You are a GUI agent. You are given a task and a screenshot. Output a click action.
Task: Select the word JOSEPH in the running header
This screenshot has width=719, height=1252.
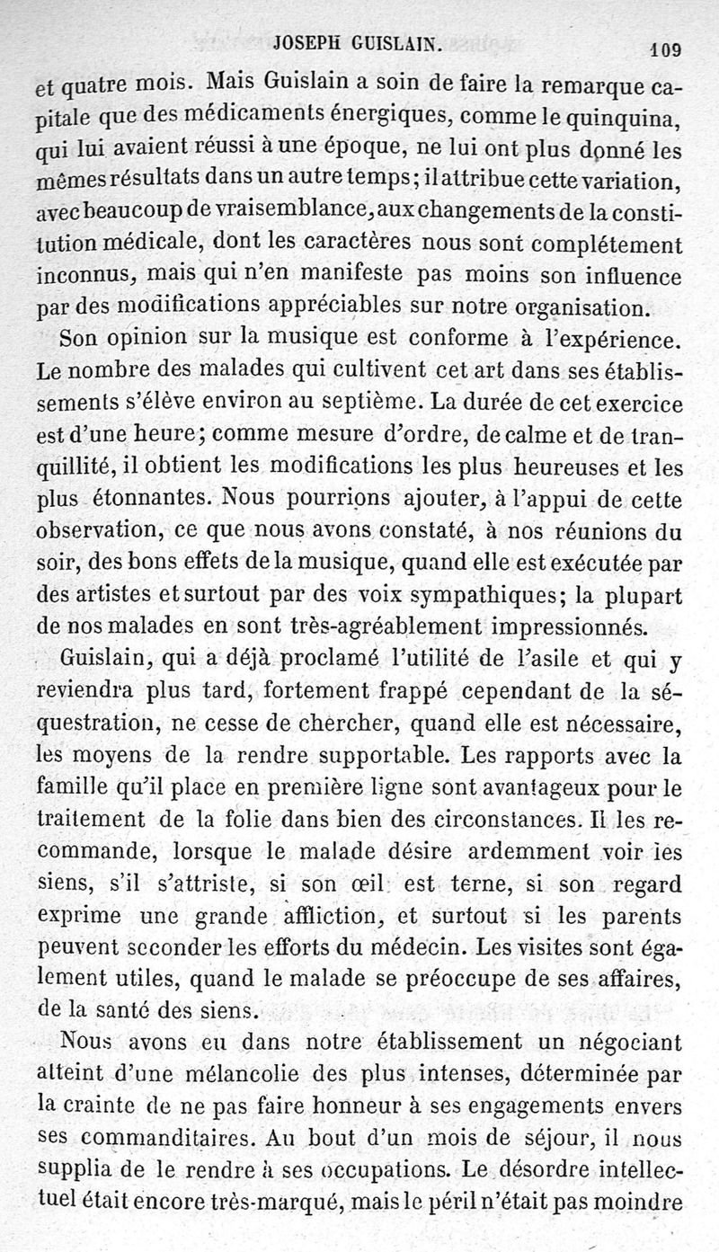tap(304, 41)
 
